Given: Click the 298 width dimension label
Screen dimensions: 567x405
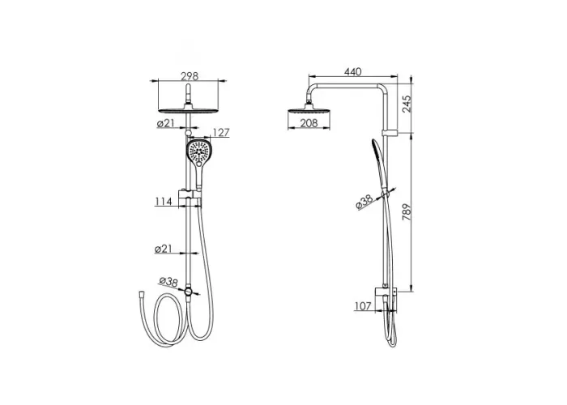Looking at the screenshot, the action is [x=190, y=76].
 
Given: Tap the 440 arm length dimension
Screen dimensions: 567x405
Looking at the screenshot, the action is [x=352, y=72].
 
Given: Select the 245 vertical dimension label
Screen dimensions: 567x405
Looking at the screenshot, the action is [x=407, y=104].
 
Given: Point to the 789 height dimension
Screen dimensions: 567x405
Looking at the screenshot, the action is [x=407, y=212].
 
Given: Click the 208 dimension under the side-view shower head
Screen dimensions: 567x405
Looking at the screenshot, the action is [x=309, y=123].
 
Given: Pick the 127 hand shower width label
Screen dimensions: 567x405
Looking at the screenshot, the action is [x=220, y=133].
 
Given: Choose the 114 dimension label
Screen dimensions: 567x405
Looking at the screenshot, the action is [x=164, y=202].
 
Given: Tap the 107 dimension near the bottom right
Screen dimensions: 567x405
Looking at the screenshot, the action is [x=363, y=306].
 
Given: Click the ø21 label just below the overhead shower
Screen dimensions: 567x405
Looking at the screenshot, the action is [x=165, y=124].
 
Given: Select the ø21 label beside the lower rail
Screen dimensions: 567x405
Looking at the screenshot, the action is [x=163, y=249].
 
